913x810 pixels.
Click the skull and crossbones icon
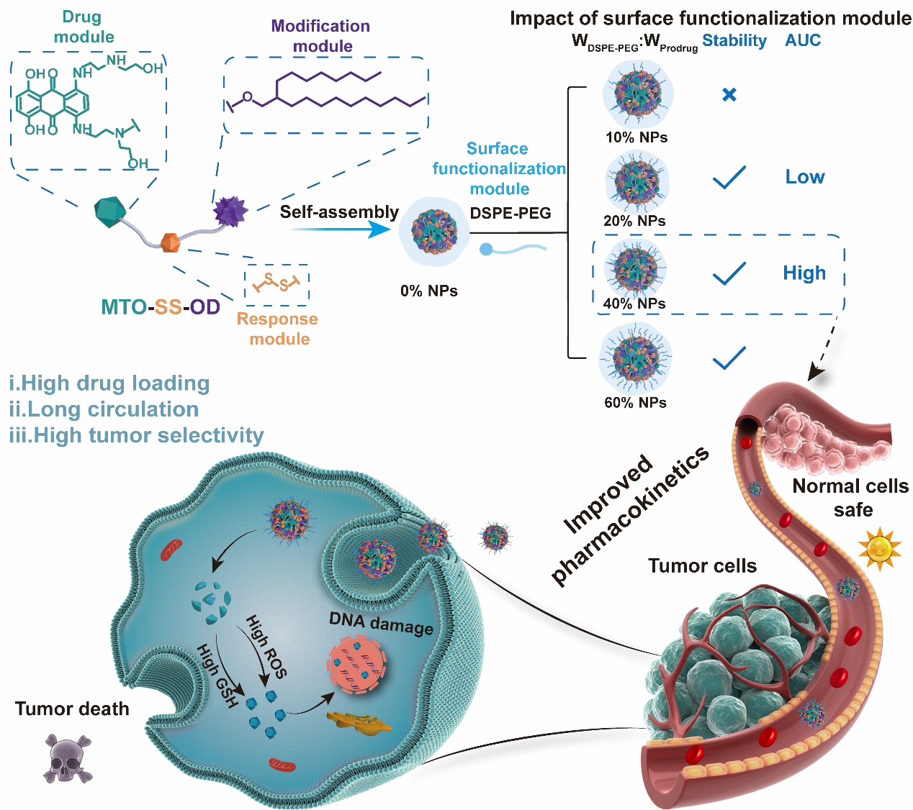pyautogui.click(x=68, y=757)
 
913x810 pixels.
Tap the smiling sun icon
pyautogui.click(x=879, y=550)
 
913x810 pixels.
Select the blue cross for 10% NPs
pyautogui.click(x=729, y=94)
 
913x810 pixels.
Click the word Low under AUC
pyautogui.click(x=804, y=177)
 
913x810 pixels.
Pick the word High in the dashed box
pyautogui.click(x=804, y=273)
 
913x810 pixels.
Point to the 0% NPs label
pyautogui.click(x=429, y=291)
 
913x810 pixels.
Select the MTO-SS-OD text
pyautogui.click(x=160, y=307)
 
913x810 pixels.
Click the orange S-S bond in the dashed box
pyautogui.click(x=276, y=282)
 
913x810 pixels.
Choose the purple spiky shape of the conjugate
pyautogui.click(x=230, y=211)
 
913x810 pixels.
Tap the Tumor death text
pyautogui.click(x=72, y=709)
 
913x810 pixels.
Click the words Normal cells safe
pyautogui.click(x=850, y=498)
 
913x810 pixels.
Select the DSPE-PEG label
pyautogui.click(x=511, y=213)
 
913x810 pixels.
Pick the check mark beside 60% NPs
pyautogui.click(x=729, y=358)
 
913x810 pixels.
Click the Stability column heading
pyautogui.click(x=734, y=41)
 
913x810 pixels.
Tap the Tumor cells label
pyautogui.click(x=702, y=566)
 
